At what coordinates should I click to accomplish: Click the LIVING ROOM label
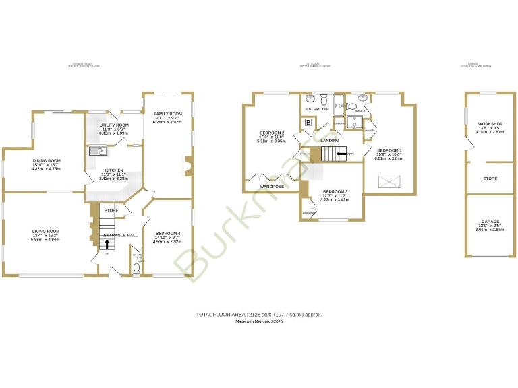pyautogui.click(x=46, y=231)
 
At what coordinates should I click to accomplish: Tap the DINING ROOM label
pyautogui.click(x=47, y=160)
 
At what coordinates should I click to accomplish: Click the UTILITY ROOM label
pyautogui.click(x=114, y=125)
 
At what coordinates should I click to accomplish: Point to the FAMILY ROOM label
pyautogui.click(x=168, y=114)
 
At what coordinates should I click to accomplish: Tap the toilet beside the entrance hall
pyautogui.click(x=137, y=268)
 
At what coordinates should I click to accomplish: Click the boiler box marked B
pyautogui.click(x=308, y=122)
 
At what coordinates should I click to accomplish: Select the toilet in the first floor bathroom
pyautogui.click(x=324, y=97)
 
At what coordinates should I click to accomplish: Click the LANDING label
pyautogui.click(x=329, y=141)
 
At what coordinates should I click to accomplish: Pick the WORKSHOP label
pyautogui.click(x=490, y=124)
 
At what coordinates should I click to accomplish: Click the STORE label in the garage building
pyautogui.click(x=490, y=179)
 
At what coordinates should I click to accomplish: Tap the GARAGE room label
pyautogui.click(x=490, y=221)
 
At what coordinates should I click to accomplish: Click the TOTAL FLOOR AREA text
pyautogui.click(x=259, y=314)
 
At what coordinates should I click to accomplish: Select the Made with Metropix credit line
pyautogui.click(x=259, y=322)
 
